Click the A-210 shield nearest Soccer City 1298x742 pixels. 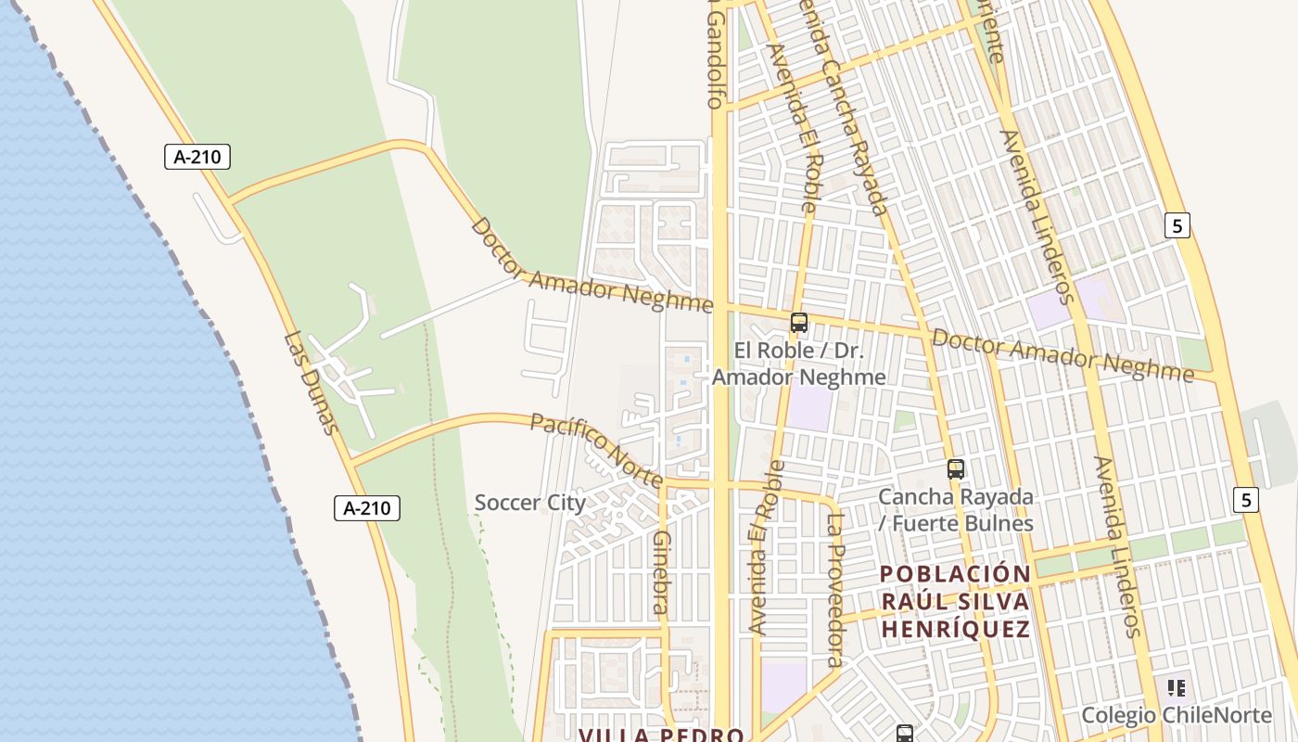367,508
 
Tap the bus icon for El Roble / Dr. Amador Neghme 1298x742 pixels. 798,323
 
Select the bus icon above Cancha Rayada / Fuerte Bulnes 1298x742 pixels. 956,469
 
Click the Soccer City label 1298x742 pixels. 529,503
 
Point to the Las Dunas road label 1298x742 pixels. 309,383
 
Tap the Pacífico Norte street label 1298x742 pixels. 596,450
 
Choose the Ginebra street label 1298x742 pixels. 661,572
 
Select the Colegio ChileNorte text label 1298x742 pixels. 1177,715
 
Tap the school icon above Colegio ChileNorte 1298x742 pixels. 1177,688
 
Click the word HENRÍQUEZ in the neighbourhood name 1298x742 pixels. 955,630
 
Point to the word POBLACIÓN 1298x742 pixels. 955,574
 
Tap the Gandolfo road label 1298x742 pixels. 715,56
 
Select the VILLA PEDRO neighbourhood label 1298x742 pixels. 661,735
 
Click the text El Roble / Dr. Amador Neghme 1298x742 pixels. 798,364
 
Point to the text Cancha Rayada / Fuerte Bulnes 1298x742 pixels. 956,510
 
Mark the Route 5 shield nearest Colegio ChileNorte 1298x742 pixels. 1246,500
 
